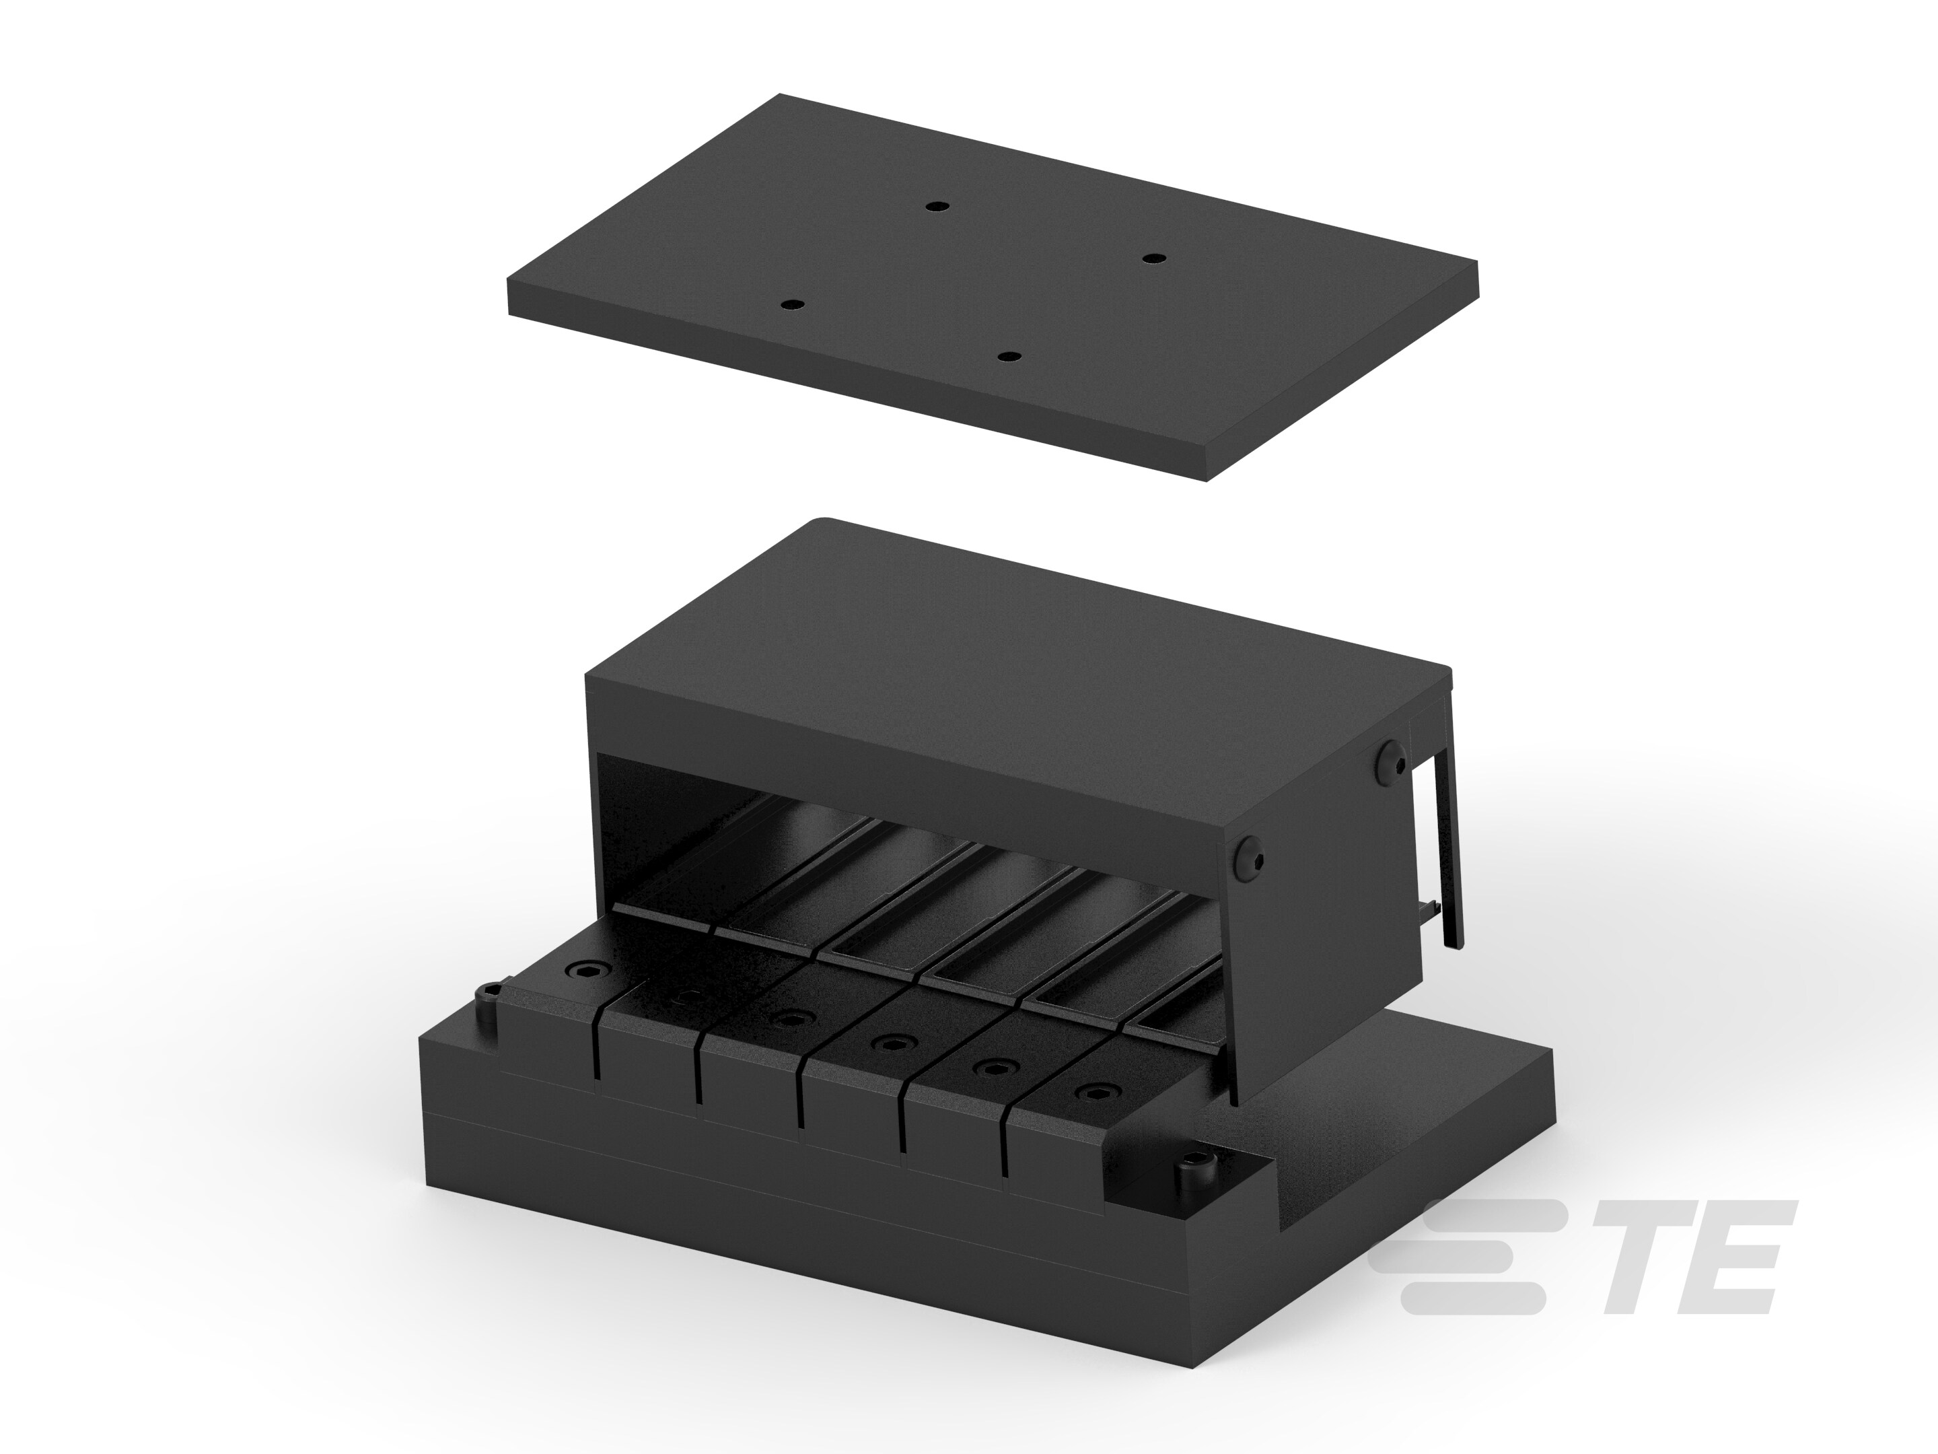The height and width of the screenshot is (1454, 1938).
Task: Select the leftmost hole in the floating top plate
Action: pyautogui.click(x=792, y=304)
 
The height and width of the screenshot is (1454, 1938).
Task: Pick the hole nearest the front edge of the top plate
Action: pyautogui.click(x=1010, y=357)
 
